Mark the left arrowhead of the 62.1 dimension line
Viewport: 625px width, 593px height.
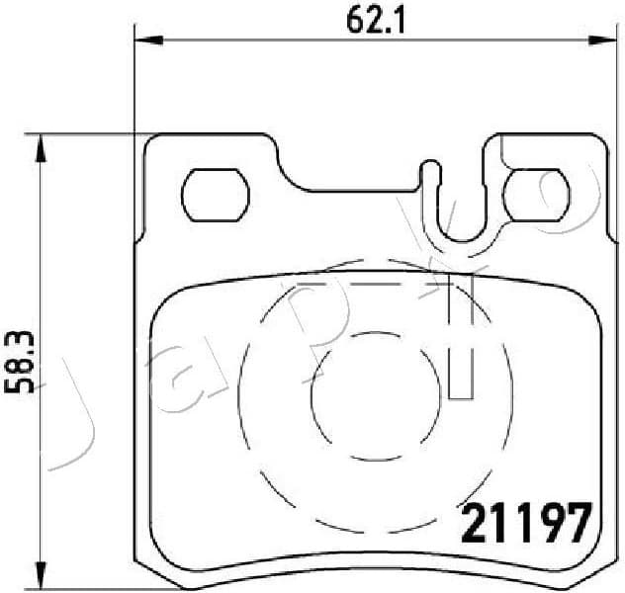tap(144, 41)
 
